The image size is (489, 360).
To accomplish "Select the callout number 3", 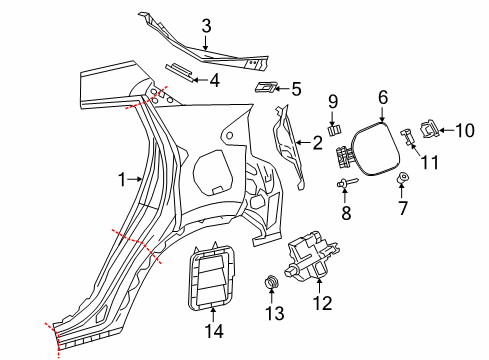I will tap(205, 27).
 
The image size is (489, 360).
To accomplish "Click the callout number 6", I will tap(382, 97).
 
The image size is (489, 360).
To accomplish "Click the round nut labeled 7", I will tap(404, 179).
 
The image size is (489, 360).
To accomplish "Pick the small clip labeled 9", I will tap(335, 128).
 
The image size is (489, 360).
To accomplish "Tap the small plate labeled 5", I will tap(265, 88).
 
